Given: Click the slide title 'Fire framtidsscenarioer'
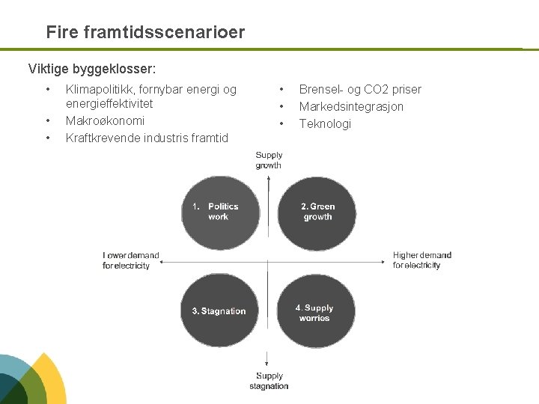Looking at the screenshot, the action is point(144,33).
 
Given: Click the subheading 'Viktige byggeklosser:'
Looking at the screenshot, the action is point(92,70).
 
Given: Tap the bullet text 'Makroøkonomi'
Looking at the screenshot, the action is point(105,121).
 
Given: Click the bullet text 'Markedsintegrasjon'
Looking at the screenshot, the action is point(351,107).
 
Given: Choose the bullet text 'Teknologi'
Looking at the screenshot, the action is point(325,124).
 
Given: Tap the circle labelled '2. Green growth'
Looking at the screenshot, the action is point(317,212).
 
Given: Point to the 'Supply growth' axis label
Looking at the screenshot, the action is point(269,160).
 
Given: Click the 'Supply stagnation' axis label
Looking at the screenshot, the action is point(269,381).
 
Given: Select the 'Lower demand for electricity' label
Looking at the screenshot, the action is point(130,260).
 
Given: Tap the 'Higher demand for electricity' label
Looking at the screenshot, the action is point(421,260).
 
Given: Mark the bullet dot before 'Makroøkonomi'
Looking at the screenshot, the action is point(48,121).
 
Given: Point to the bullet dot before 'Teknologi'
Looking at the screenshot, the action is point(281,124).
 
